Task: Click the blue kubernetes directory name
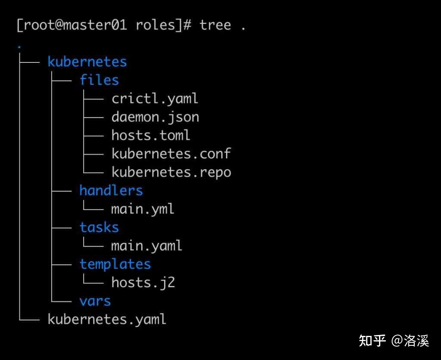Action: click(x=87, y=62)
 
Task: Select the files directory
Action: click(x=99, y=80)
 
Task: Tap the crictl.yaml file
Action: click(x=155, y=99)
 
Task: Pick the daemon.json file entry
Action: click(x=155, y=117)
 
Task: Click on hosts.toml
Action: click(x=150, y=135)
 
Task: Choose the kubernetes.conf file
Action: click(x=171, y=154)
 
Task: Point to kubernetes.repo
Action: click(x=171, y=172)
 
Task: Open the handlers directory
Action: click(x=111, y=190)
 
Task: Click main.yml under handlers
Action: click(x=143, y=209)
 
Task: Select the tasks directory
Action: click(x=99, y=227)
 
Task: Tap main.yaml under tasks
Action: click(x=146, y=246)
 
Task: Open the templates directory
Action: click(x=115, y=264)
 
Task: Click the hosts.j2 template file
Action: click(x=143, y=282)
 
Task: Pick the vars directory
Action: click(x=95, y=301)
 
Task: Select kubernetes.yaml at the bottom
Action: click(x=107, y=320)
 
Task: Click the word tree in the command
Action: click(x=215, y=25)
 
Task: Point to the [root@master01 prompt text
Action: click(x=71, y=25)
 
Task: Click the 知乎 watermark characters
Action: click(x=372, y=341)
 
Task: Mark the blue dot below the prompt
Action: click(x=19, y=46)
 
